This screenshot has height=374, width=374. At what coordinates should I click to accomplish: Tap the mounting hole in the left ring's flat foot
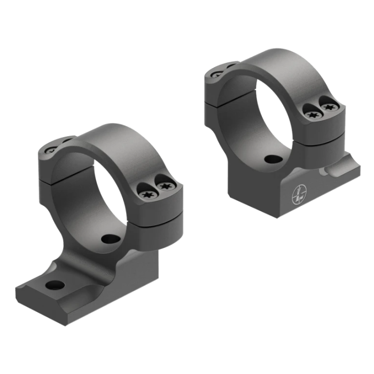(55, 285)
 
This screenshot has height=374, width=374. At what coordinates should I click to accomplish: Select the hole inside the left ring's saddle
(111, 239)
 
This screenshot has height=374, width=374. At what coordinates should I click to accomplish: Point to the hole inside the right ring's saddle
(274, 159)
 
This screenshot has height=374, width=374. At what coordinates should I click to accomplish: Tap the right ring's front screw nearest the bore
(312, 112)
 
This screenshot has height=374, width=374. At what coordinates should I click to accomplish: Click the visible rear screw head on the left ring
(49, 151)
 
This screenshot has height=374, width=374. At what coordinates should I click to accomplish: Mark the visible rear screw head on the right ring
(216, 74)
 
